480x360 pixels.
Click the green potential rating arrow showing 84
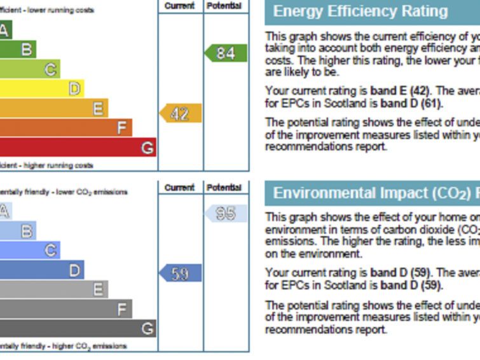[226, 53]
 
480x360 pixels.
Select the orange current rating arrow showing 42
[181, 114]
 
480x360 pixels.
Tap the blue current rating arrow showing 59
[181, 273]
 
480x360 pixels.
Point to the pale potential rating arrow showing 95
[226, 213]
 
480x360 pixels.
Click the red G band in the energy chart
[76, 148]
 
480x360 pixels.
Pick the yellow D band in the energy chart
[41, 88]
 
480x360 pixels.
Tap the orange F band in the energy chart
[64, 128]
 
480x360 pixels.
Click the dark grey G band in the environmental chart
[76, 328]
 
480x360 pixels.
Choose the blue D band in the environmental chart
[41, 270]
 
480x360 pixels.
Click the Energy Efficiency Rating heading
[360, 11]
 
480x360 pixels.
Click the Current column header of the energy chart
[180, 6]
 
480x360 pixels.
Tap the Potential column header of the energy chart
[225, 6]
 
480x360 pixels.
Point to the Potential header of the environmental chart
[225, 188]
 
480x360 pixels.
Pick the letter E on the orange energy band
[98, 108]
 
